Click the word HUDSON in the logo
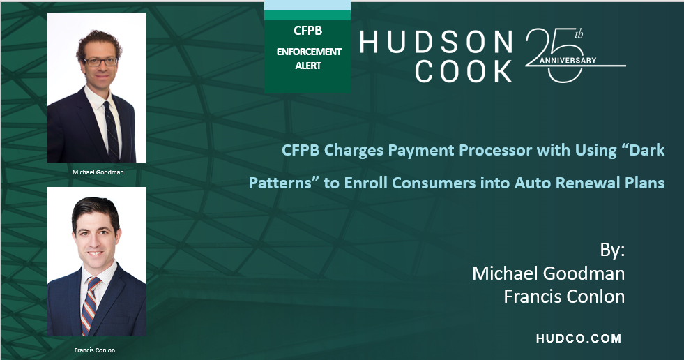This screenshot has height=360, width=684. click(x=436, y=42)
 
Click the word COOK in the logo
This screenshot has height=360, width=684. click(x=464, y=72)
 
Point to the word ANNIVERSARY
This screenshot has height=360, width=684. click(x=568, y=60)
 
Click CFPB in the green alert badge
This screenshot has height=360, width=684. click(x=308, y=31)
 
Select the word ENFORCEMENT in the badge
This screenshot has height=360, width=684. click(x=309, y=52)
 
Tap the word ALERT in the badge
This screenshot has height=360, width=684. click(x=308, y=66)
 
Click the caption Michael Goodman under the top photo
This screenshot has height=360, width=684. click(x=98, y=172)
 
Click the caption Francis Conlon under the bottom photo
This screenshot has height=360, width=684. click(x=95, y=350)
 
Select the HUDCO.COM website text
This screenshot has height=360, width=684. click(x=579, y=338)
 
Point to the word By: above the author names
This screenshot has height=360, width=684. click(x=612, y=250)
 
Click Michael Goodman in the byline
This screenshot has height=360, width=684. click(x=548, y=273)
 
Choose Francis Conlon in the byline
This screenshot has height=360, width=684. click(x=564, y=297)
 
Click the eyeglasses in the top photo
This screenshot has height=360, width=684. click(x=100, y=61)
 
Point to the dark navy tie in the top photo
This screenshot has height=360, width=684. click(x=112, y=131)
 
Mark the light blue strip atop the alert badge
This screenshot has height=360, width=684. click(x=307, y=6)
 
